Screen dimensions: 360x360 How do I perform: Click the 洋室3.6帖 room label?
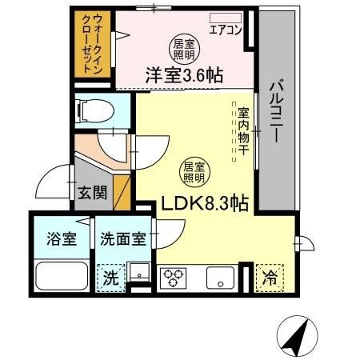[183, 76]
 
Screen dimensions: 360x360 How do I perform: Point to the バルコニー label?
[275, 112]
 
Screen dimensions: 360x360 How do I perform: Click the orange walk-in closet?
[93, 44]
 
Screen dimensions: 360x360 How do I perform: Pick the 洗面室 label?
[122, 239]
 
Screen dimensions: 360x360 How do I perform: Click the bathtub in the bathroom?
[62, 276]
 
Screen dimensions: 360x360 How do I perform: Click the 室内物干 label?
[243, 128]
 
